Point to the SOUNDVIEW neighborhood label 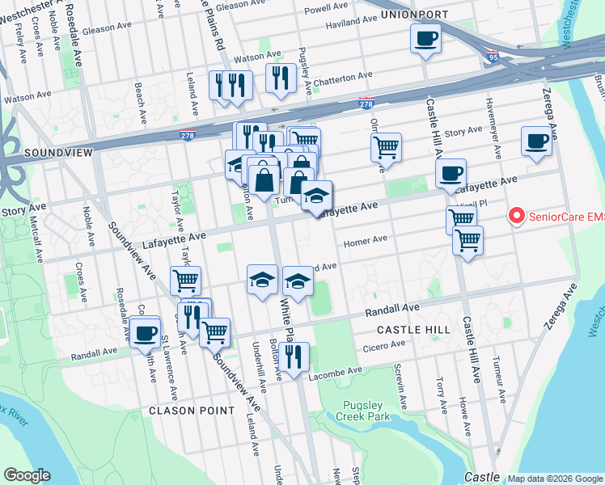pos(59,152)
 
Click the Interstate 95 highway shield pos(493,58)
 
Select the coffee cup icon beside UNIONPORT pos(425,38)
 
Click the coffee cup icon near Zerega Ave pos(536,141)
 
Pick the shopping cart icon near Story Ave pos(387,147)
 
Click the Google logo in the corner pos(27,475)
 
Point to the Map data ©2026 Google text pos(554,478)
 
